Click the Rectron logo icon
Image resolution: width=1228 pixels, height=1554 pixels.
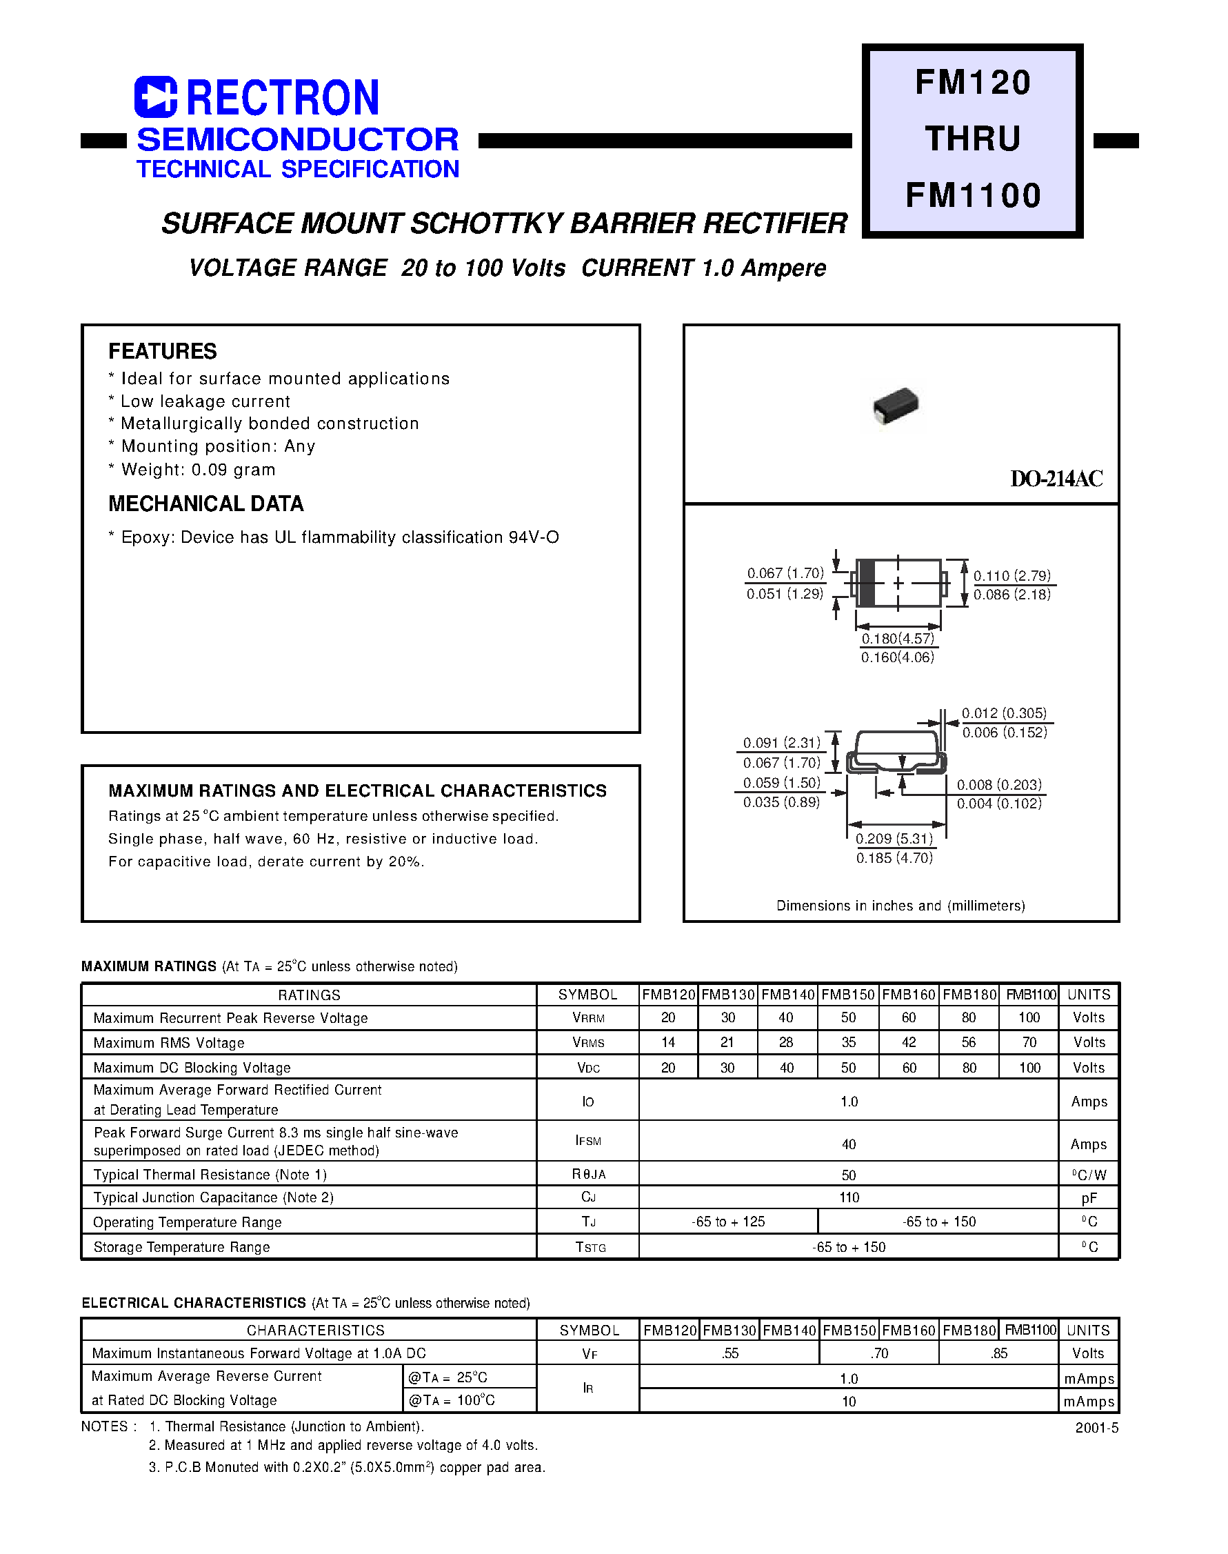(155, 97)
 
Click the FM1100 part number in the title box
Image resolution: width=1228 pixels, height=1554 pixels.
(973, 196)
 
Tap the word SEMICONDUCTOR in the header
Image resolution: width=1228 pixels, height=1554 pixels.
(298, 139)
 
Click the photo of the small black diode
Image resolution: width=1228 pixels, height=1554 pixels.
(896, 406)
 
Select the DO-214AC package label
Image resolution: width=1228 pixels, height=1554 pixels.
(1056, 479)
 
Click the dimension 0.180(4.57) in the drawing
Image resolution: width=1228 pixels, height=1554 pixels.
(898, 639)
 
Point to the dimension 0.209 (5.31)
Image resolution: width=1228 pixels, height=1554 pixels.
(894, 839)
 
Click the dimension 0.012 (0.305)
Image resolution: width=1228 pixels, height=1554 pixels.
(1005, 713)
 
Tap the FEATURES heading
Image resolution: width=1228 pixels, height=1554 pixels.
(163, 352)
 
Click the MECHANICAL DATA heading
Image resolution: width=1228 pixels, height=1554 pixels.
(205, 504)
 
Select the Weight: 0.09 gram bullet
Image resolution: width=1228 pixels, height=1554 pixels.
(198, 470)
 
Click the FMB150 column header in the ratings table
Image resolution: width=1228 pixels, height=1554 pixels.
(847, 995)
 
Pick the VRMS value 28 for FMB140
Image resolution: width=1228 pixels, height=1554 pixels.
(787, 1042)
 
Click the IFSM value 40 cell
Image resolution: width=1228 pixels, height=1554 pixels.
(848, 1144)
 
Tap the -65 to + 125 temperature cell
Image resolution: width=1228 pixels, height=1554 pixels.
(727, 1222)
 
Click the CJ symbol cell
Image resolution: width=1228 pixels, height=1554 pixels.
(588, 1197)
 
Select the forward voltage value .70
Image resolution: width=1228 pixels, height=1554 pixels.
(878, 1353)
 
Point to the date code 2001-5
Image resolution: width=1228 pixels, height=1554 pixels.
(1096, 1428)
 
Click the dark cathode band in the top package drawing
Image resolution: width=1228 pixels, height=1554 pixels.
(867, 582)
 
